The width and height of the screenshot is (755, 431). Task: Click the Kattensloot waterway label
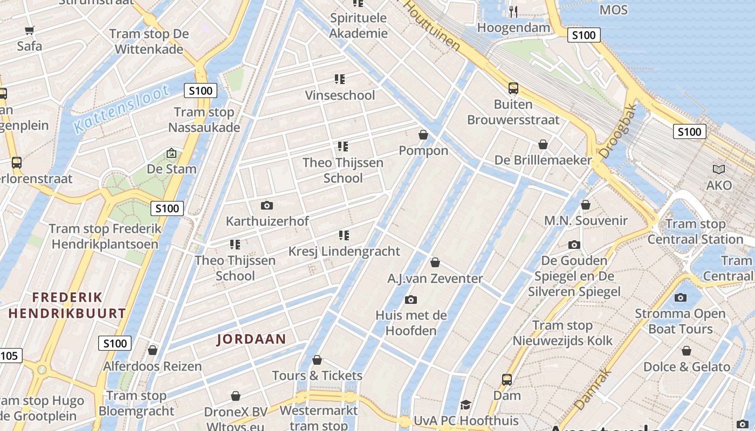click(x=121, y=109)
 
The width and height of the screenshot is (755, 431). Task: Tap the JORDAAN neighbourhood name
click(x=251, y=339)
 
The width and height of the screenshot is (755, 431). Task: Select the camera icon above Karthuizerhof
click(x=266, y=205)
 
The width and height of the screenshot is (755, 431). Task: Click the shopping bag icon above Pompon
click(x=423, y=135)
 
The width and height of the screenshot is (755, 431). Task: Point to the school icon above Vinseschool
click(x=340, y=79)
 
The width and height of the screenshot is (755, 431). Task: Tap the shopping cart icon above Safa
click(x=30, y=30)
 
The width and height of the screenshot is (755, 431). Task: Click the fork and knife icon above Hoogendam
click(x=513, y=11)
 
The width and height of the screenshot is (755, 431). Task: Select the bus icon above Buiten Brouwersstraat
click(x=513, y=88)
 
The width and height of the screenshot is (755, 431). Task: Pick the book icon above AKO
click(x=719, y=169)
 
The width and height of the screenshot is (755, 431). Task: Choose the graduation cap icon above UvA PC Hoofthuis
click(x=465, y=405)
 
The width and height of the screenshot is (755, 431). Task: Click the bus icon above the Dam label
click(x=507, y=379)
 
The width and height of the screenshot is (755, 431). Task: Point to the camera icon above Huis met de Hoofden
click(x=411, y=300)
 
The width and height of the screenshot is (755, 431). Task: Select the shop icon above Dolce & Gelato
click(x=687, y=351)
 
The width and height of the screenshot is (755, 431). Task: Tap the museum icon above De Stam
click(x=171, y=154)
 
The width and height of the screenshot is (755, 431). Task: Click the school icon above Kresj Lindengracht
click(x=344, y=235)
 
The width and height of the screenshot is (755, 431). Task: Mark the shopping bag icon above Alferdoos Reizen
click(x=153, y=351)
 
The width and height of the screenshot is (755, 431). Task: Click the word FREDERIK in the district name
click(x=67, y=297)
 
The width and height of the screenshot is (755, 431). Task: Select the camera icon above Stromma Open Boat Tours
click(x=681, y=297)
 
